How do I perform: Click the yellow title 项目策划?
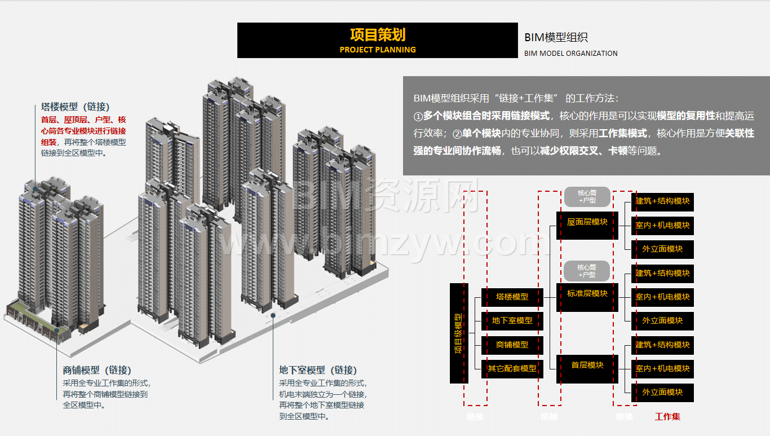pos(377,35)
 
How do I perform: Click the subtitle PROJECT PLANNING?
pos(377,50)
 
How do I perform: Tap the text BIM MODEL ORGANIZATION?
pos(570,54)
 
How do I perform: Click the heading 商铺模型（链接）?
pos(97,370)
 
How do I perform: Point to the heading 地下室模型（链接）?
pos(318,370)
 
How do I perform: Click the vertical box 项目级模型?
pos(459,333)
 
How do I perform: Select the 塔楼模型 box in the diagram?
pos(512,297)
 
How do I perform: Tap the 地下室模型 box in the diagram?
pos(512,320)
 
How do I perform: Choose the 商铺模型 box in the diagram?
pos(512,345)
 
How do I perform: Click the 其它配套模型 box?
pos(512,368)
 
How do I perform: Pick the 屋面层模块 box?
pos(587,222)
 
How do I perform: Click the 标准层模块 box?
pos(587,293)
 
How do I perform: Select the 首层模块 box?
pos(587,365)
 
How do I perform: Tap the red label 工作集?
pos(667,417)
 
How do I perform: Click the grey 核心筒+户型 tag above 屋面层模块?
pos(587,196)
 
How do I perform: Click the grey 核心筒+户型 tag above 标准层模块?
pos(587,271)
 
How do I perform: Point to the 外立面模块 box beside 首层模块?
pos(662,392)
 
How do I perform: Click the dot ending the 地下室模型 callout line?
pos(273,316)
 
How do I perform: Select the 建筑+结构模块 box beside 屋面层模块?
pos(662,201)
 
